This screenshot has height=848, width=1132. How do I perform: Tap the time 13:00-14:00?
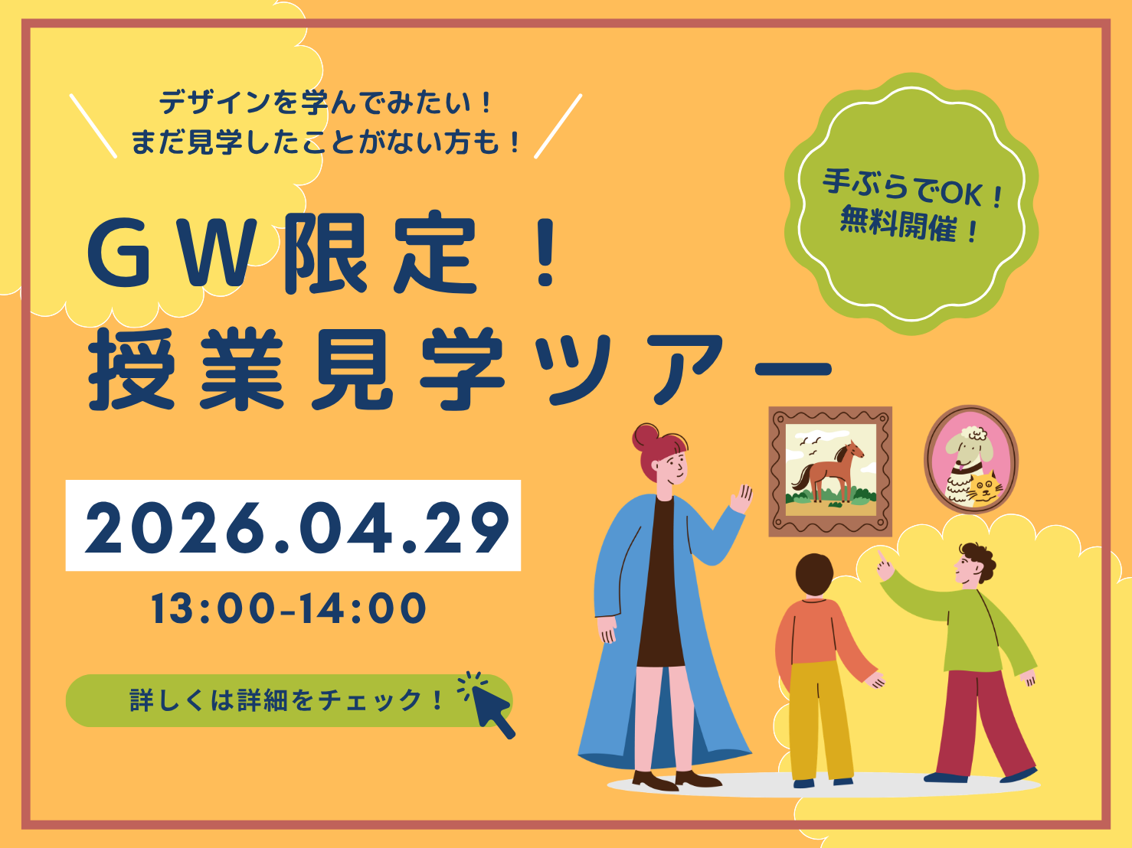coord(289,609)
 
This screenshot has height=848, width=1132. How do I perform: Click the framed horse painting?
coord(830,471)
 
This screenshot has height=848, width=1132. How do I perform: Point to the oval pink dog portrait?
coord(970,458)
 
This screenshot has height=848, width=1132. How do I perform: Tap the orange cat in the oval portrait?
coord(983,491)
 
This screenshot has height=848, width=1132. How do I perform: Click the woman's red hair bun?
coord(646,436)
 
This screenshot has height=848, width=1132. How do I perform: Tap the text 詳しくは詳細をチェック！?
coord(286,700)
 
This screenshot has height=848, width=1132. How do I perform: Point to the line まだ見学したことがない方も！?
coord(326,142)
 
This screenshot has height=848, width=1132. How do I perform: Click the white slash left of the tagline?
coord(93,126)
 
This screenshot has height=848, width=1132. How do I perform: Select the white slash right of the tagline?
coord(558,126)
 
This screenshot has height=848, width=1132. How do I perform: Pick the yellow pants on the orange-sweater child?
coord(820,719)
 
